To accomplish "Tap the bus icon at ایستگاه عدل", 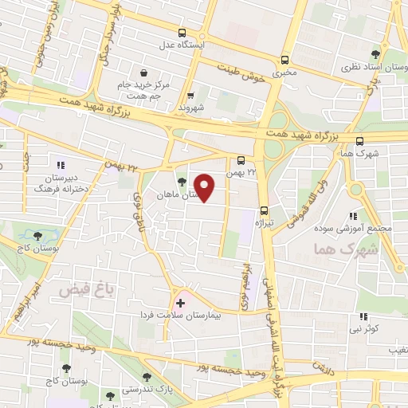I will click(x=182, y=33).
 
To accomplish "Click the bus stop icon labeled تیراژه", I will click(x=264, y=211).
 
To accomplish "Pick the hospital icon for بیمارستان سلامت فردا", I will click(x=180, y=303).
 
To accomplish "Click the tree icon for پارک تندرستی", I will click(x=145, y=376).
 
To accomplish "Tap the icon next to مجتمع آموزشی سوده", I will click(x=353, y=215).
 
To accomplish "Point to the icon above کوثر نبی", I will click(x=363, y=316).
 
